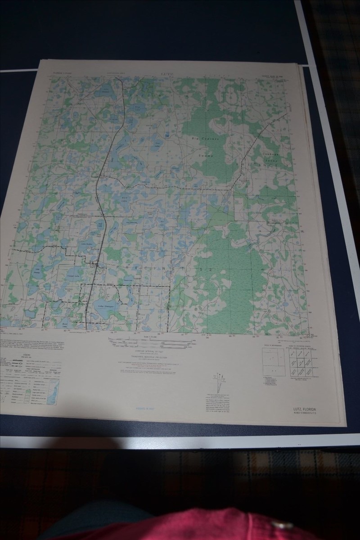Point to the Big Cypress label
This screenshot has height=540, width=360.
click(x=207, y=139)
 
